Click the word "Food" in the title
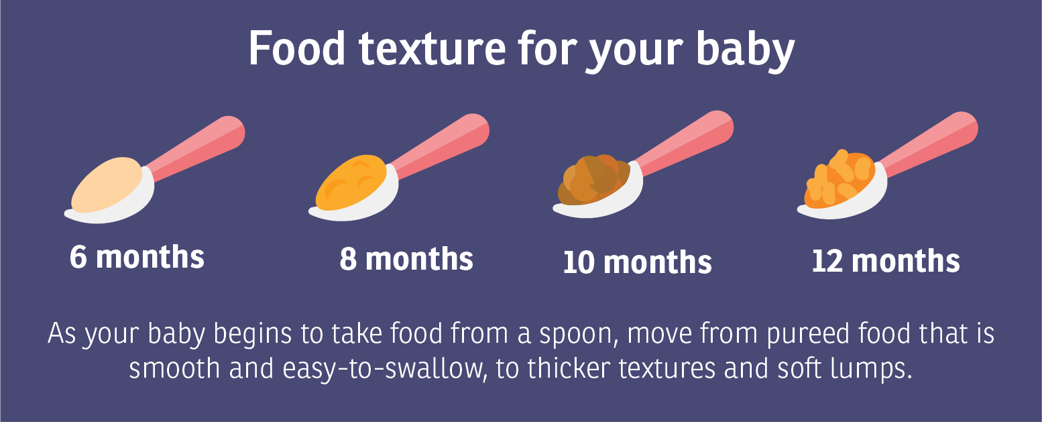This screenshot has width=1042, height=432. pos(297,48)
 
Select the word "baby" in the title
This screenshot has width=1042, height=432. pos(745,50)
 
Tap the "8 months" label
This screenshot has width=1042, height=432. pos(406,258)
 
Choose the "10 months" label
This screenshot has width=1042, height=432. pos(637,262)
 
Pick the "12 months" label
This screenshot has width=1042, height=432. pos(886,260)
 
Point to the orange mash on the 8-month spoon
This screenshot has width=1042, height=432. pos(351,182)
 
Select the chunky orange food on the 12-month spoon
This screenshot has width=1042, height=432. pos(840,179)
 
